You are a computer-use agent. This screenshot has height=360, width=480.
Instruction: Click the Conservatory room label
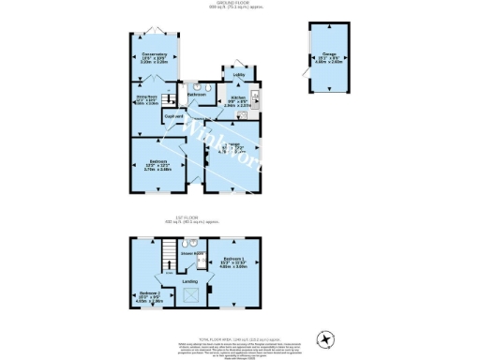[x=155, y=55]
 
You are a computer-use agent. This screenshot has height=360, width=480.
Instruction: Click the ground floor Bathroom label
[x=197, y=95]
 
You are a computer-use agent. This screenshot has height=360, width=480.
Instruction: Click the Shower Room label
[x=193, y=253]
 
